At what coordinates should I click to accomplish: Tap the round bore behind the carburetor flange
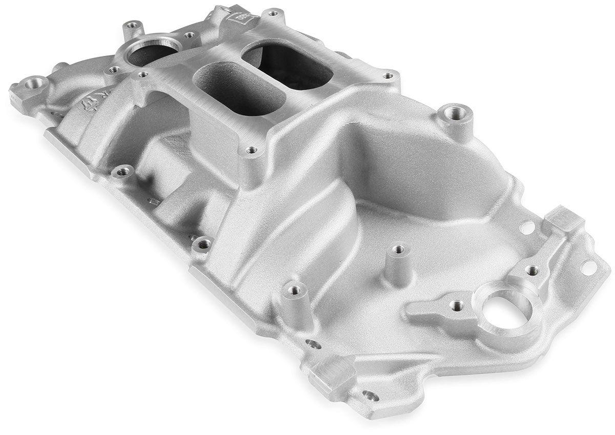pos(149,51)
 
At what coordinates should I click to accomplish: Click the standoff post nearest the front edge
pos(295,291)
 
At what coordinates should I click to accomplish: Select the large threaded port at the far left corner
pos(35,83)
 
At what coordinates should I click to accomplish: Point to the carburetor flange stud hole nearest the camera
pos(251,150)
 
